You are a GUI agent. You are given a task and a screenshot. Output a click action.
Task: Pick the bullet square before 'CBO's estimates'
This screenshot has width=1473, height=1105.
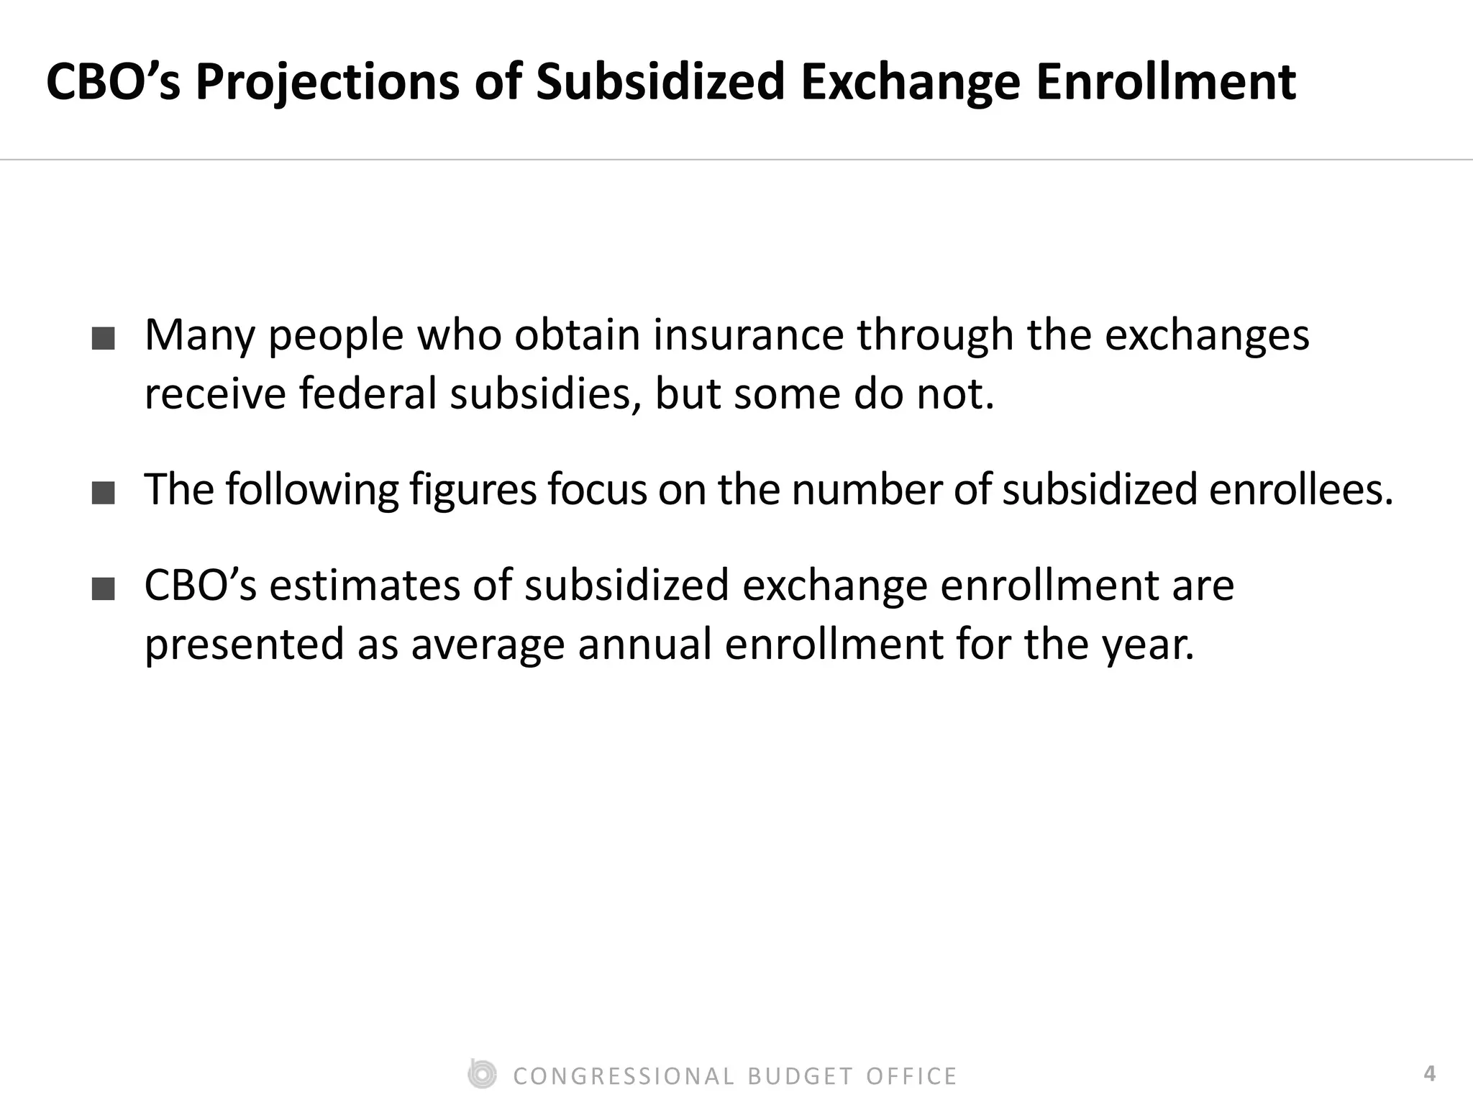(x=104, y=589)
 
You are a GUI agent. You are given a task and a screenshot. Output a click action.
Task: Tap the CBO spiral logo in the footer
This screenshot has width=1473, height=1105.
(x=481, y=1075)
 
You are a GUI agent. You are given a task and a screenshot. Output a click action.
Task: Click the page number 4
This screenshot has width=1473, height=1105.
(x=1429, y=1074)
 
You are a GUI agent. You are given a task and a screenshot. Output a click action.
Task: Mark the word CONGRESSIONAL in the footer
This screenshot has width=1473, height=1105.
(x=624, y=1076)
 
